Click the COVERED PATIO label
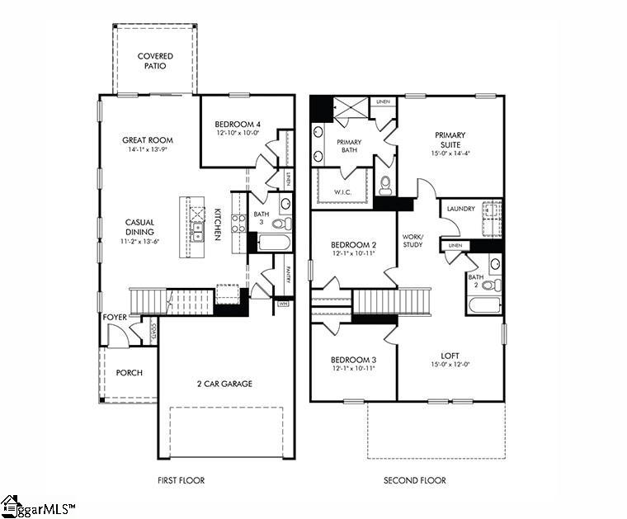pyautogui.click(x=155, y=61)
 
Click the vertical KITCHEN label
pyautogui.click(x=218, y=224)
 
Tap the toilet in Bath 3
pyautogui.click(x=280, y=223)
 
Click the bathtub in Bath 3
pyautogui.click(x=273, y=243)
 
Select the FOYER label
pyautogui.click(x=114, y=317)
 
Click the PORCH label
pyautogui.click(x=129, y=373)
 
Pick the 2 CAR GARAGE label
pyautogui.click(x=224, y=384)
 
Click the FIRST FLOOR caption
pyautogui.click(x=181, y=480)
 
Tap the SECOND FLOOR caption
pyautogui.click(x=414, y=480)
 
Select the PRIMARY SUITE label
pyautogui.click(x=450, y=140)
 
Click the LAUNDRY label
pyautogui.click(x=460, y=209)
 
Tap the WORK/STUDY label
pyautogui.click(x=412, y=240)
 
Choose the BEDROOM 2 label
pyautogui.click(x=353, y=245)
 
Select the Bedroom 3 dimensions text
pyautogui.click(x=353, y=369)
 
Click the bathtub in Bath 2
pyautogui.click(x=483, y=305)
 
